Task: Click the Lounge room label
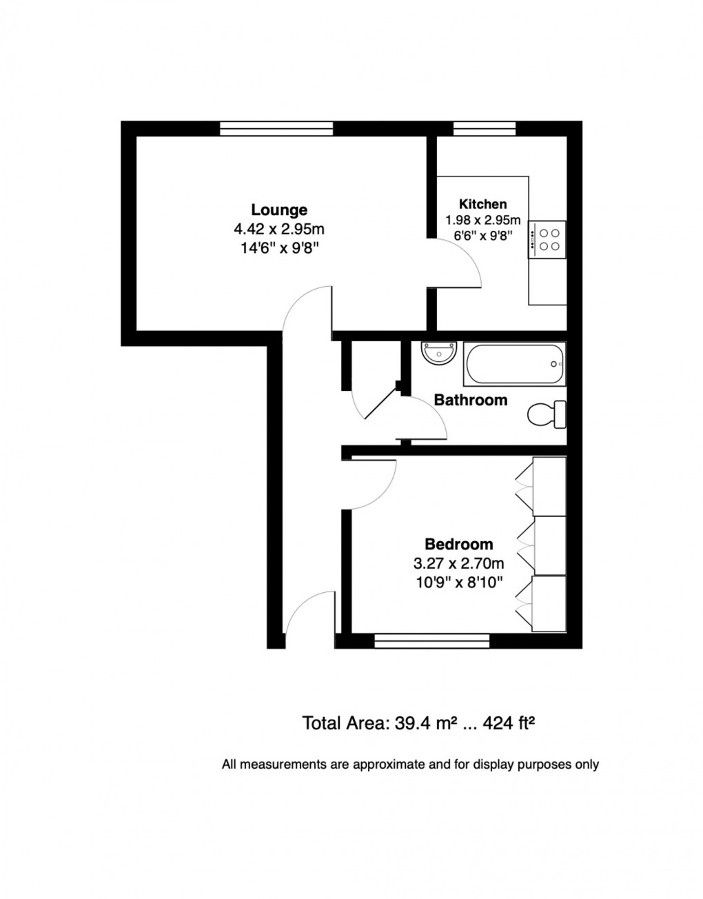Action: click(x=278, y=210)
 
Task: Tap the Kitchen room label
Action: click(x=482, y=204)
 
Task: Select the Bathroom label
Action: click(x=470, y=400)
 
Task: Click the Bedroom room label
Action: click(x=458, y=544)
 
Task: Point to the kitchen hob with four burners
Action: click(x=548, y=239)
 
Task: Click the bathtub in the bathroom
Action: click(x=514, y=363)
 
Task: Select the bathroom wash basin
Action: click(x=437, y=353)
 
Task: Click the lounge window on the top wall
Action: click(x=276, y=128)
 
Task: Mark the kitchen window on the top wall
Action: click(x=484, y=128)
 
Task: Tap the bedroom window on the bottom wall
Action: click(x=431, y=642)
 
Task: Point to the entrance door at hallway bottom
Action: click(x=310, y=617)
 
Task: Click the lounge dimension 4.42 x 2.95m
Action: click(x=278, y=228)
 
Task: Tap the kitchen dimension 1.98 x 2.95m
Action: click(x=482, y=221)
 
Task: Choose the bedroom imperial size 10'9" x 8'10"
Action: click(x=458, y=582)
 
